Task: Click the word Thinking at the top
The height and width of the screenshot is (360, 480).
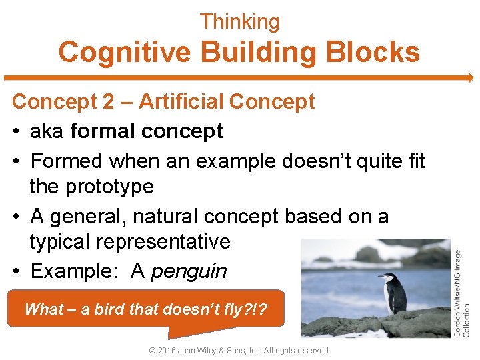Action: [240, 22]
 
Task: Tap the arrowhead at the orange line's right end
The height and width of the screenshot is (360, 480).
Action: [469, 78]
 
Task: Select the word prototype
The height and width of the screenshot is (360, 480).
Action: [109, 187]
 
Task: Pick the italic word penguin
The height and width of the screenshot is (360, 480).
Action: [189, 271]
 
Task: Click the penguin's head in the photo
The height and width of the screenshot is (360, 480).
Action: [386, 277]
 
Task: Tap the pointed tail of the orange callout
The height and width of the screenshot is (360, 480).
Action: [172, 335]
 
